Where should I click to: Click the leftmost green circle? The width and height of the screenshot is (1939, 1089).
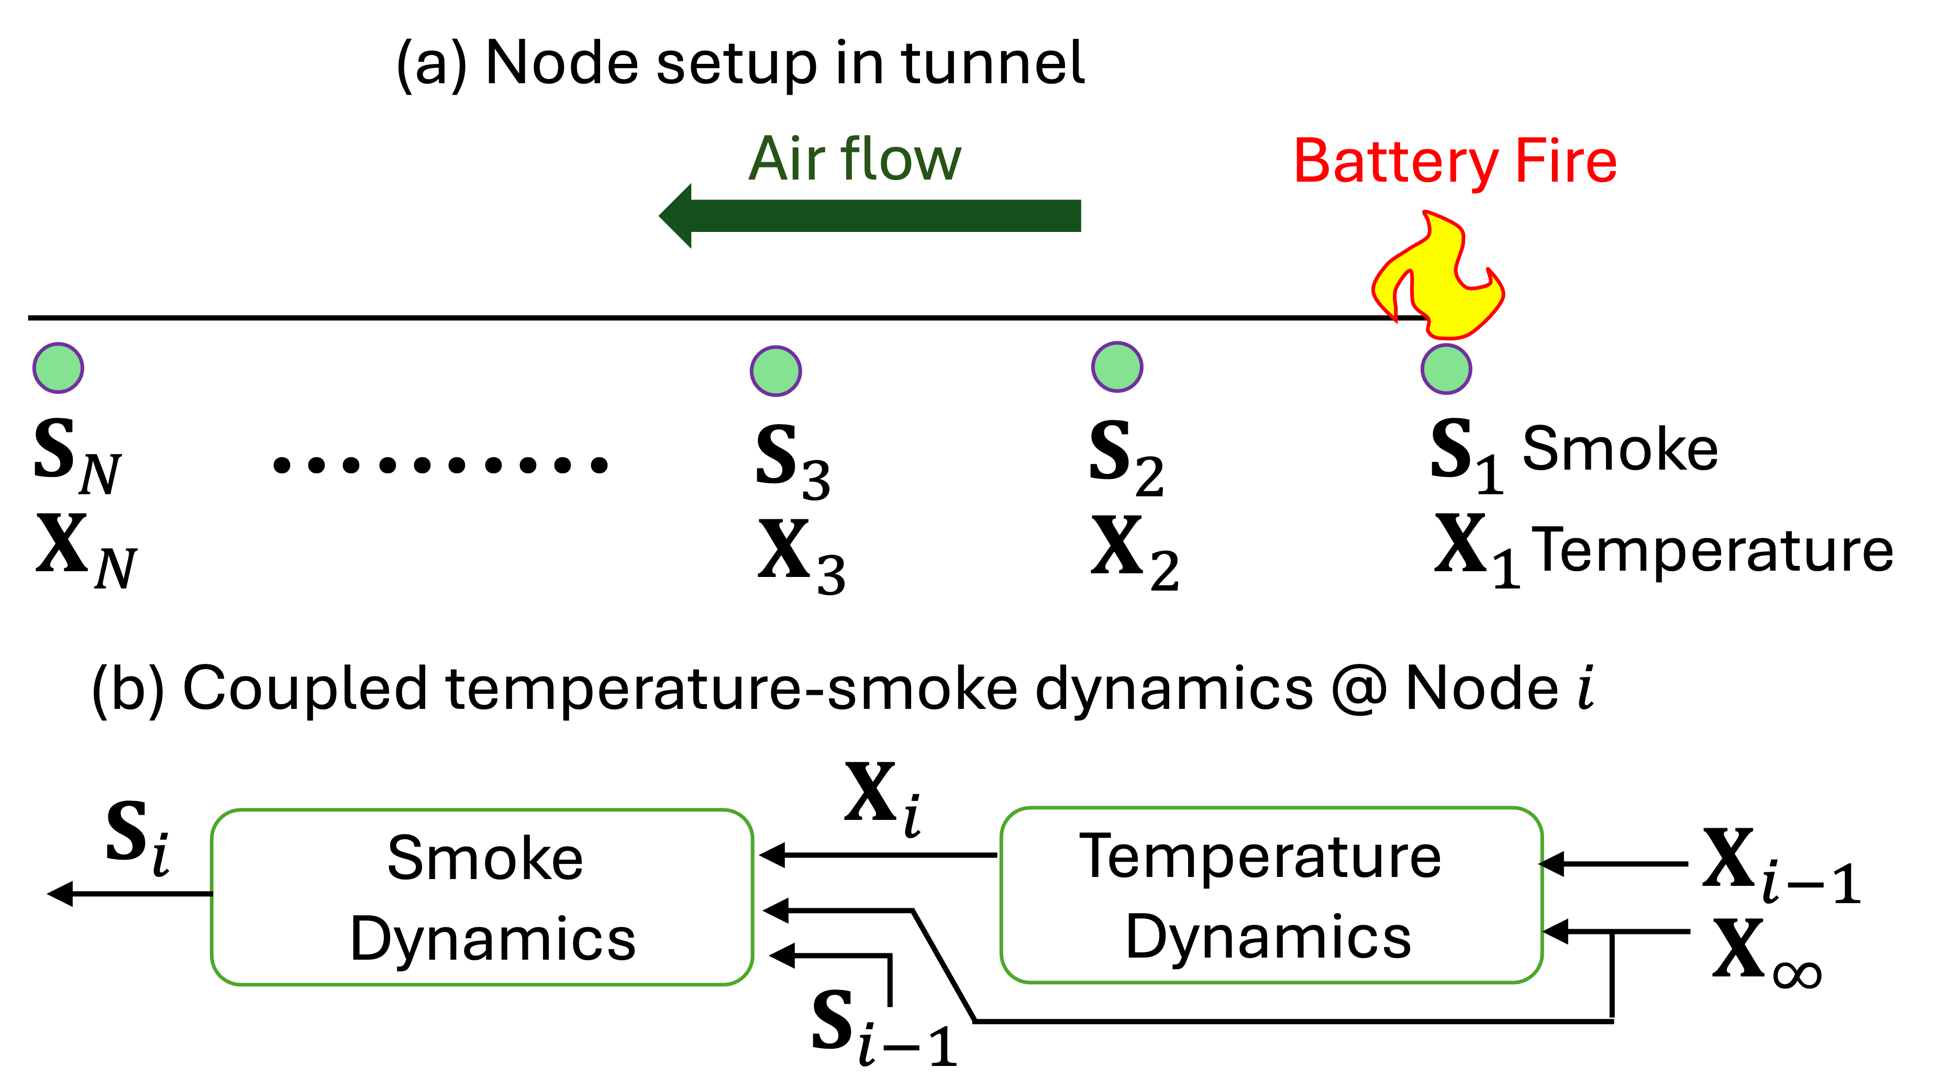click(58, 368)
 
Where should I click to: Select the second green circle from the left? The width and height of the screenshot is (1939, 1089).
click(775, 371)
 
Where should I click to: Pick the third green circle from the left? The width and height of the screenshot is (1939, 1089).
click(1117, 367)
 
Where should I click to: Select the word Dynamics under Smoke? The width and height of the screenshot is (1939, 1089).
click(493, 939)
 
